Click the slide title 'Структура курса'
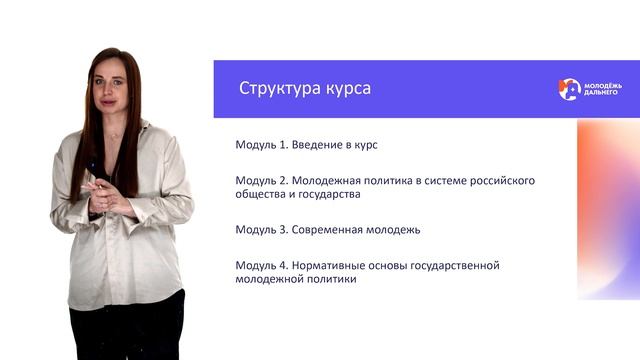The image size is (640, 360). coord(305,89)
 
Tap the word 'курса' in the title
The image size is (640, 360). coord(347,89)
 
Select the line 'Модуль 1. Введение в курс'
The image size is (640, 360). coord(306,145)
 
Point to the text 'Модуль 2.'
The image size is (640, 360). coord(262,181)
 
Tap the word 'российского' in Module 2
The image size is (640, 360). coord(501,181)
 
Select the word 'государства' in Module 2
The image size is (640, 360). coord(325,195)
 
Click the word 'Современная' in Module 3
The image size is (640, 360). coord(329,230)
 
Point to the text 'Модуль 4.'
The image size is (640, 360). coord(262,266)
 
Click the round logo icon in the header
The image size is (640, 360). coord(569,89)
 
